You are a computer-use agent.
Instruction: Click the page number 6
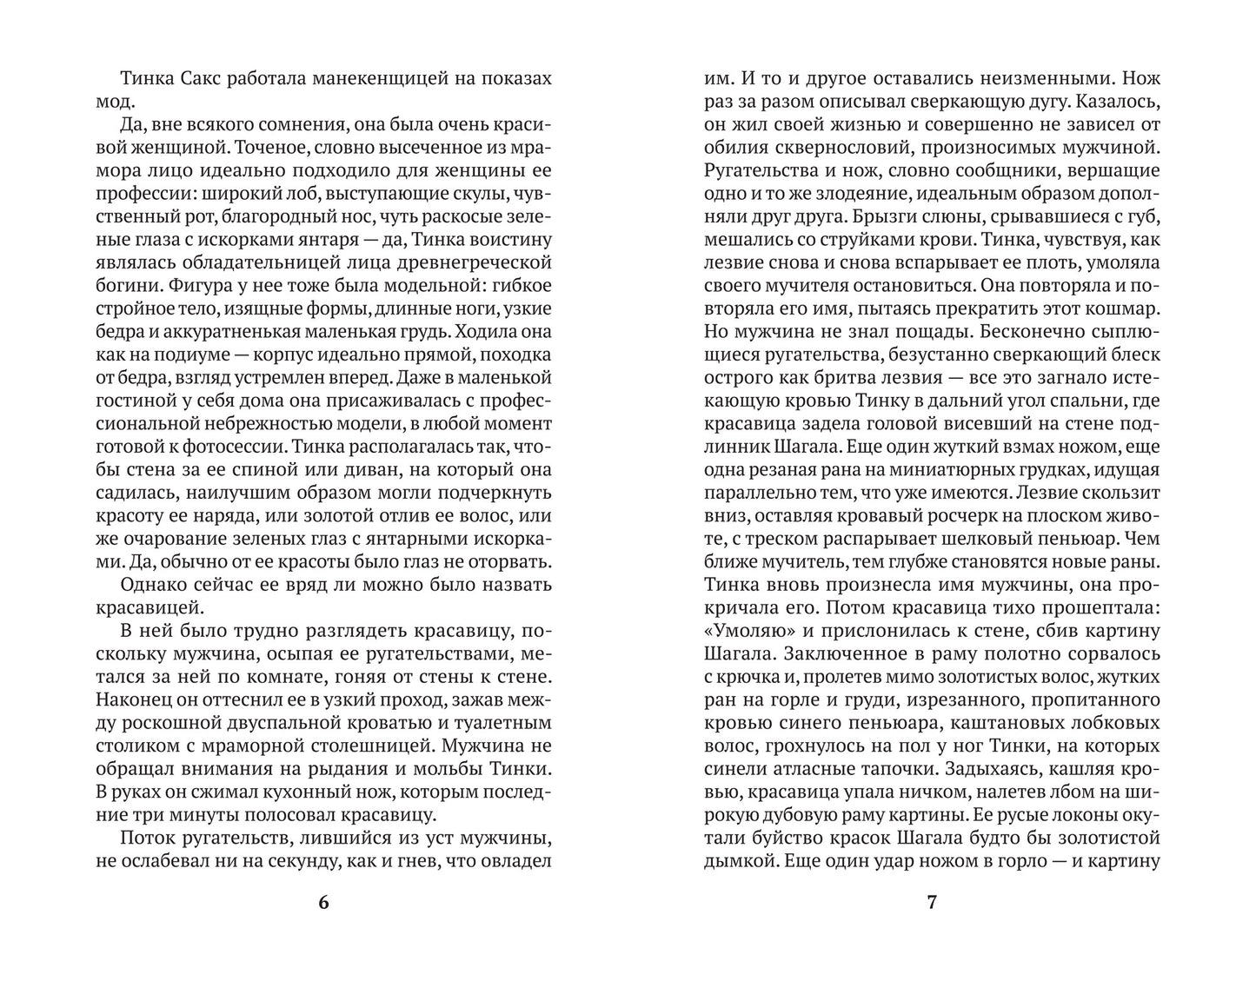(323, 902)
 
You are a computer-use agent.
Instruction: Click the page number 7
(932, 902)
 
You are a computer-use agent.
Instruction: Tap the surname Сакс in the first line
(206, 78)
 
